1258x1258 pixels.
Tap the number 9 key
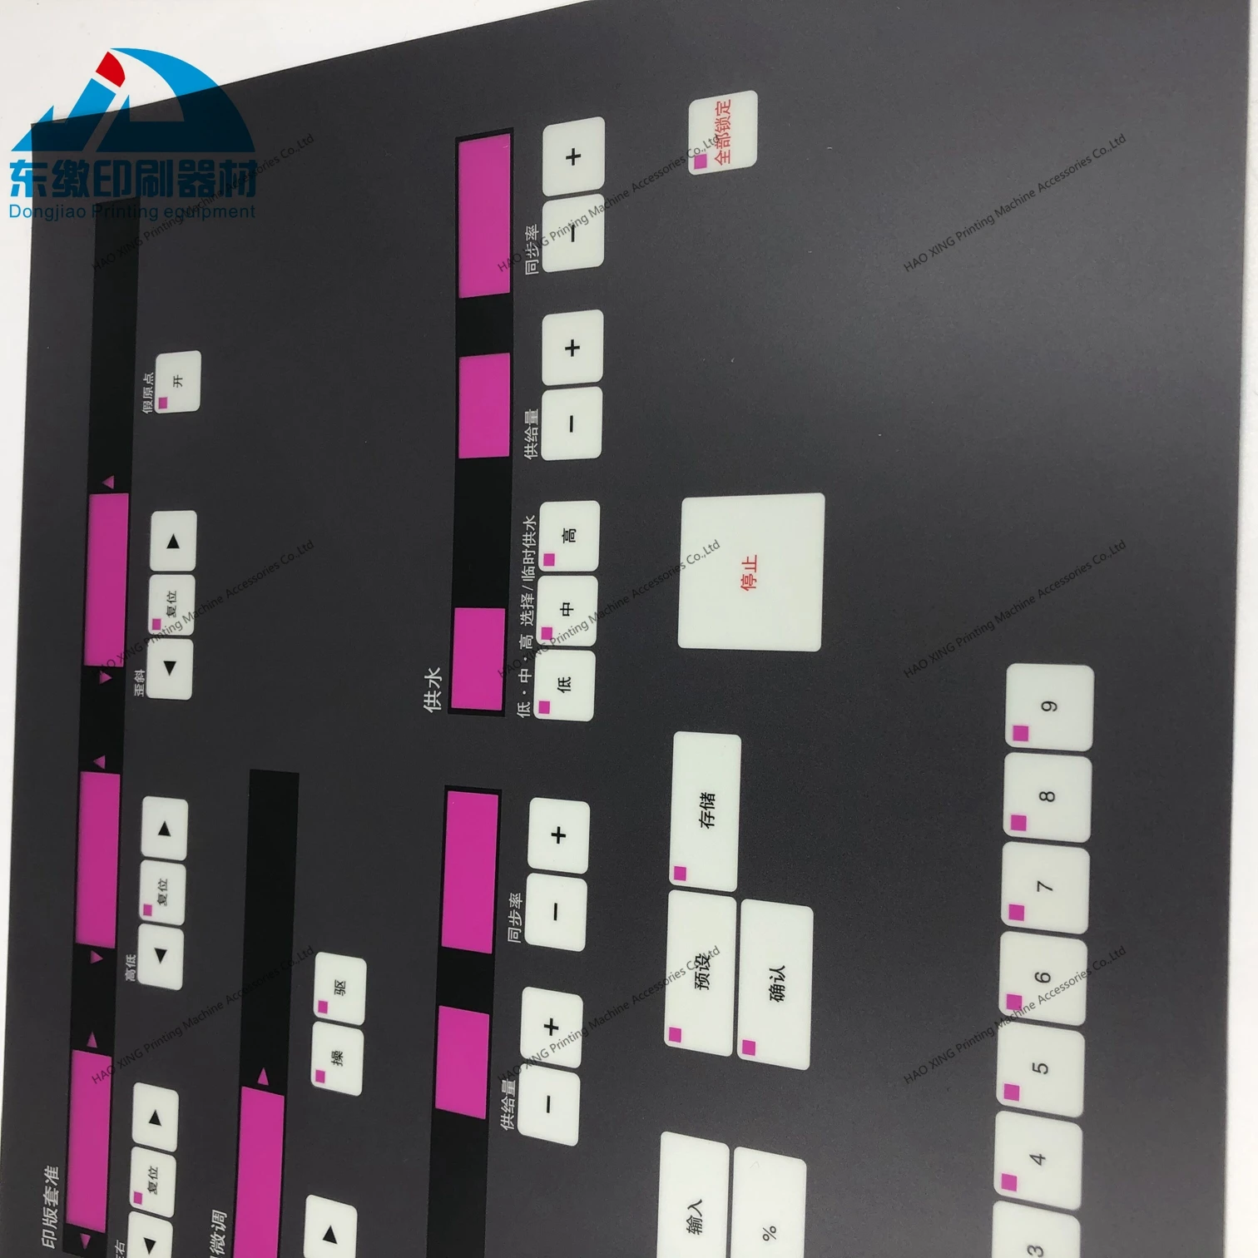tap(1049, 707)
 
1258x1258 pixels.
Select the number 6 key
tap(1042, 978)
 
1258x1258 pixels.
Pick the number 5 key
tap(1040, 1069)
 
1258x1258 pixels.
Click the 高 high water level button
tap(569, 536)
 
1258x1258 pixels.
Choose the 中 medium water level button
tap(566, 610)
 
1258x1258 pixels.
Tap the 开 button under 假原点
tap(178, 382)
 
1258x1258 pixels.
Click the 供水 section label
tap(433, 691)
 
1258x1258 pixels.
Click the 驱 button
tap(339, 990)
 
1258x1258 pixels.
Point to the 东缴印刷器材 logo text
tap(133, 176)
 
